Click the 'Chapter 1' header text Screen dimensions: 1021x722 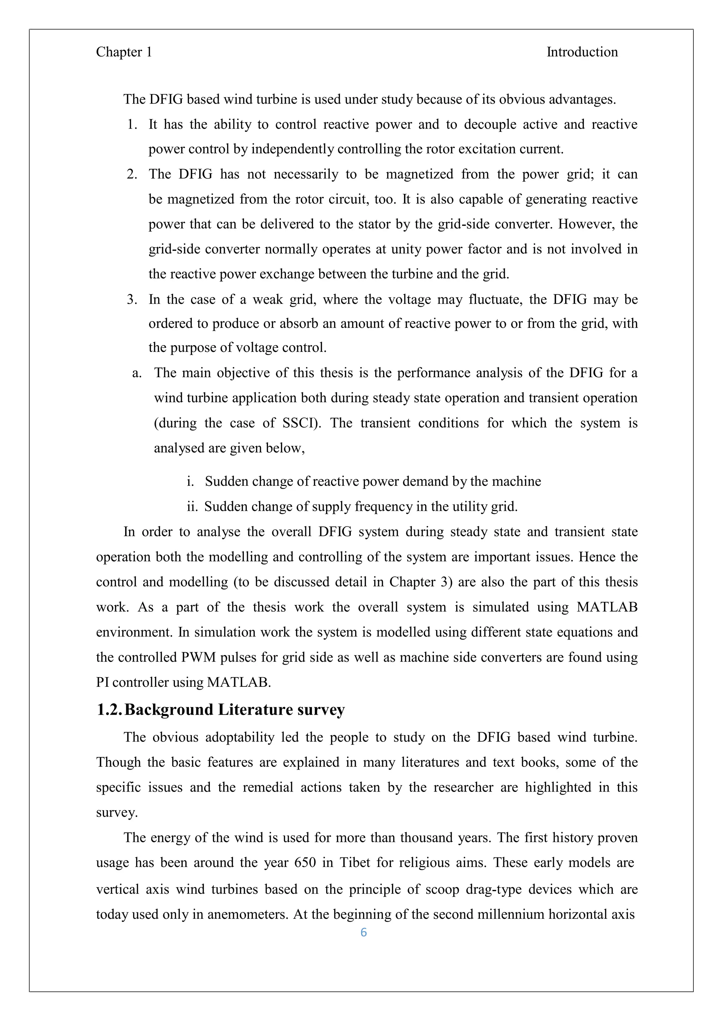[124, 52]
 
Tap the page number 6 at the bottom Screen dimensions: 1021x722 [363, 933]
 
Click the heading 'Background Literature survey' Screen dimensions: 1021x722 [235, 709]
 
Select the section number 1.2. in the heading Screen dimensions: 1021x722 [109, 709]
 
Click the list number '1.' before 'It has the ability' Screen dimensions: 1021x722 [133, 124]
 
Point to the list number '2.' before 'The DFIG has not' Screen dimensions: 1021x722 [132, 174]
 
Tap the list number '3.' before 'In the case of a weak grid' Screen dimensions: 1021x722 [132, 299]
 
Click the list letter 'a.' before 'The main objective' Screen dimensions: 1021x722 [137, 373]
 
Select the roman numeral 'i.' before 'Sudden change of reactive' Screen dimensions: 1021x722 [190, 481]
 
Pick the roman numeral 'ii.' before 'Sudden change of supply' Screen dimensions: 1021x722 [192, 507]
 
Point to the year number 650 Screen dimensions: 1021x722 [305, 863]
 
